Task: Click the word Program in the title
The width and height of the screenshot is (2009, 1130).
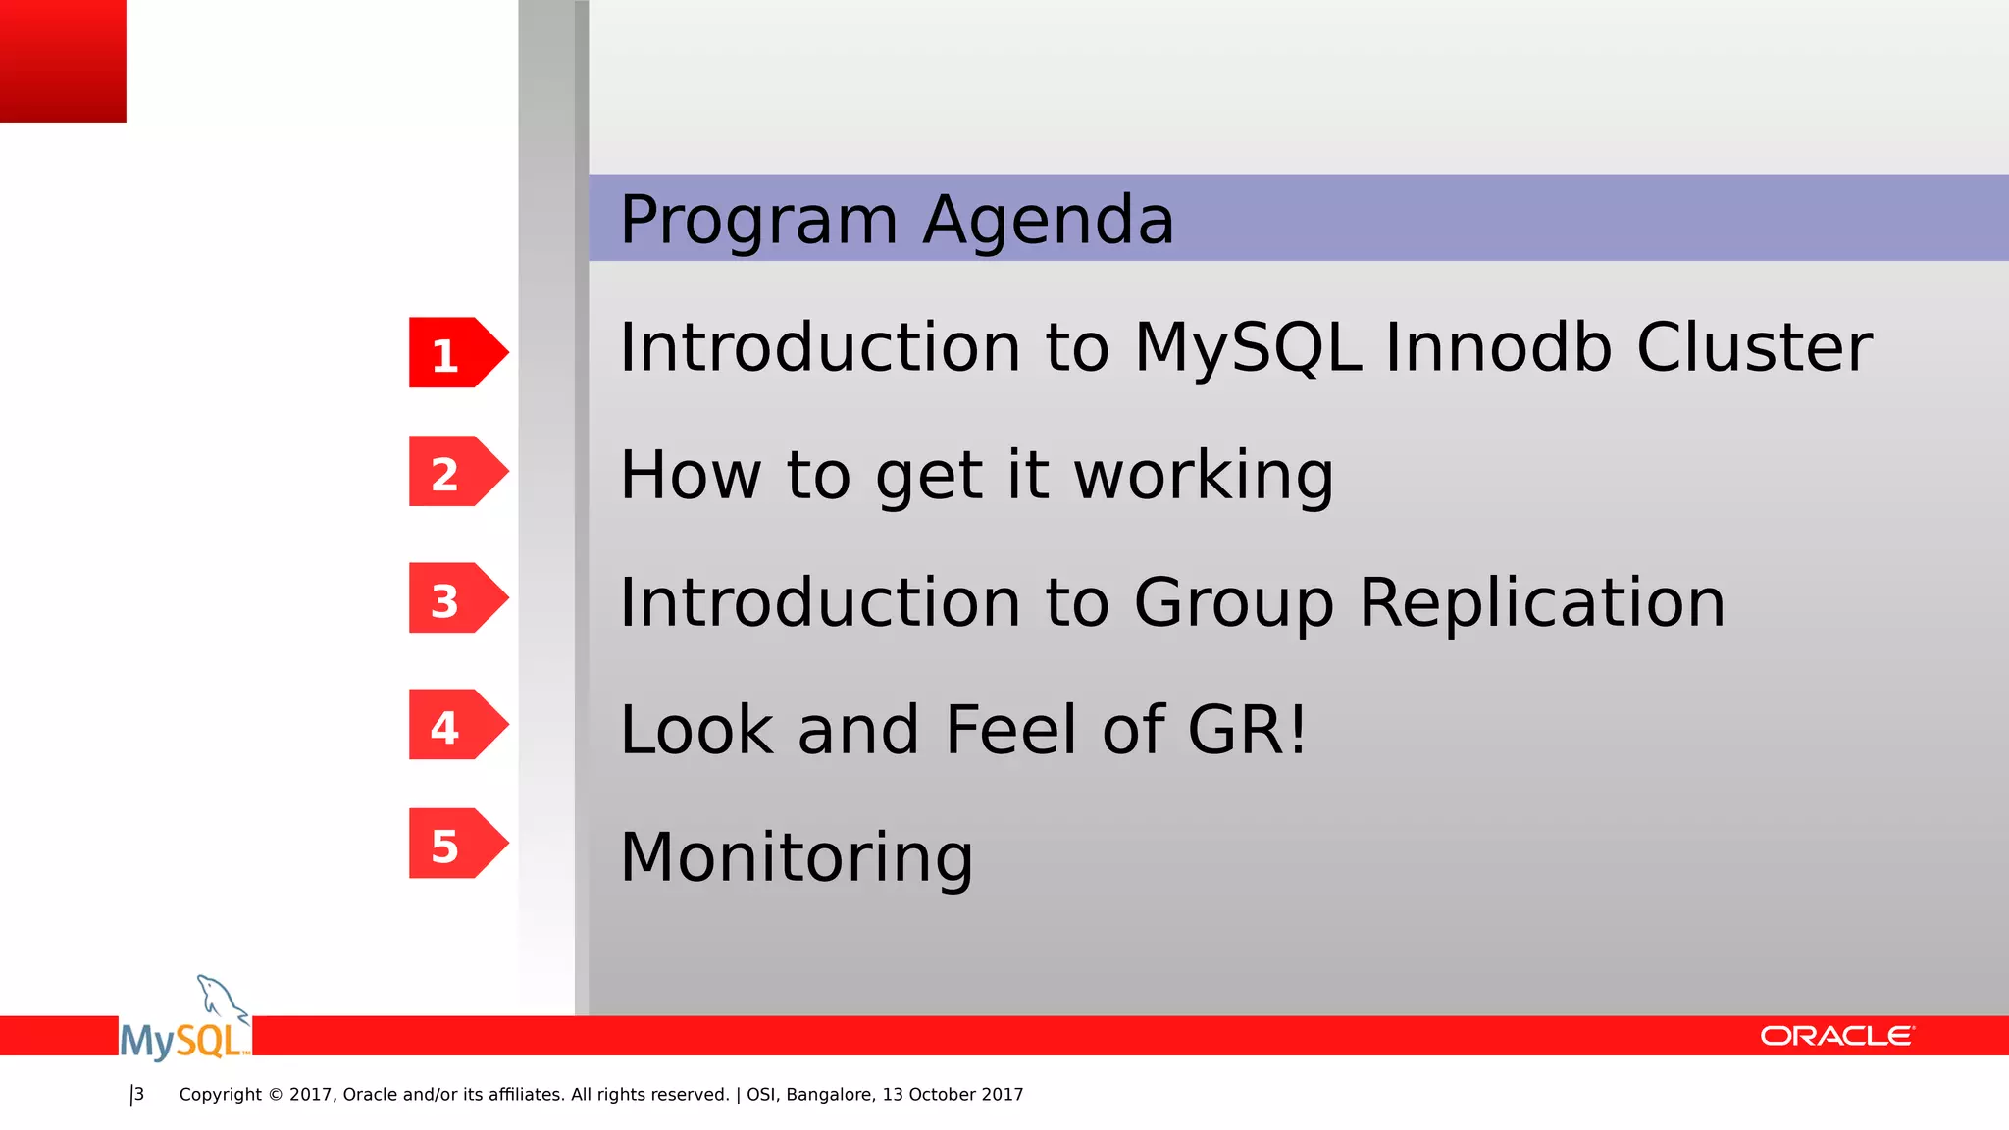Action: [x=758, y=221]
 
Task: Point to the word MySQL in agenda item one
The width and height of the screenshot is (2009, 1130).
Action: [x=1248, y=348]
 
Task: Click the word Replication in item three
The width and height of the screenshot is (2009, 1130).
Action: [x=1541, y=602]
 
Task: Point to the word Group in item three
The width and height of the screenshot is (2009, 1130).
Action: [x=1233, y=604]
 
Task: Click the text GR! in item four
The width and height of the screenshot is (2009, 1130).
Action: [x=1248, y=730]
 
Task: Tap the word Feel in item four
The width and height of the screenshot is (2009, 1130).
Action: [x=1010, y=730]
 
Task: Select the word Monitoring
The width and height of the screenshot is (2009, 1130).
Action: [x=797, y=858]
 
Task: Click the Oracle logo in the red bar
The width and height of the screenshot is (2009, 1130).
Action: [x=1836, y=1036]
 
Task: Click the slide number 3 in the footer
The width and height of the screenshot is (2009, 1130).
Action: [x=139, y=1094]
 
